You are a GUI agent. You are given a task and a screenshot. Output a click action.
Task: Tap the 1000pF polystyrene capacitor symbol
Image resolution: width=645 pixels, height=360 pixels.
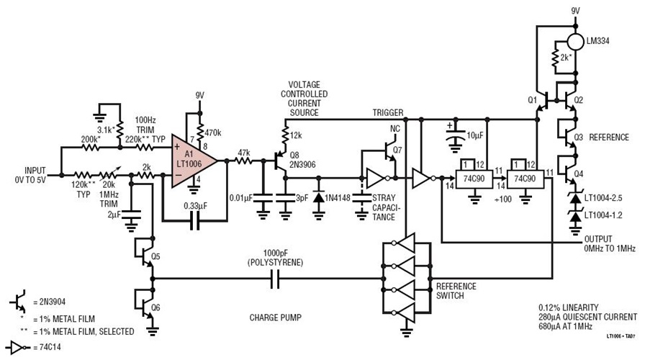[273, 278]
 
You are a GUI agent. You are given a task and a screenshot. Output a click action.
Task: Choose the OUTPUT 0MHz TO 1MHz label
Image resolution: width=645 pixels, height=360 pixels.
[610, 244]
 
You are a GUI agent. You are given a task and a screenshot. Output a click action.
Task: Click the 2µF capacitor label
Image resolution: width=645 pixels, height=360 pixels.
[114, 215]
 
